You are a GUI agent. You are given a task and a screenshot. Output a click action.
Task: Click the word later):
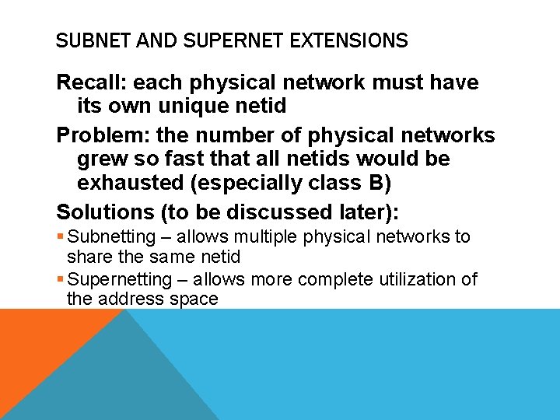(366, 212)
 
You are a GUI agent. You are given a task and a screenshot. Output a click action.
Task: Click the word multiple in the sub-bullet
(256, 237)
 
